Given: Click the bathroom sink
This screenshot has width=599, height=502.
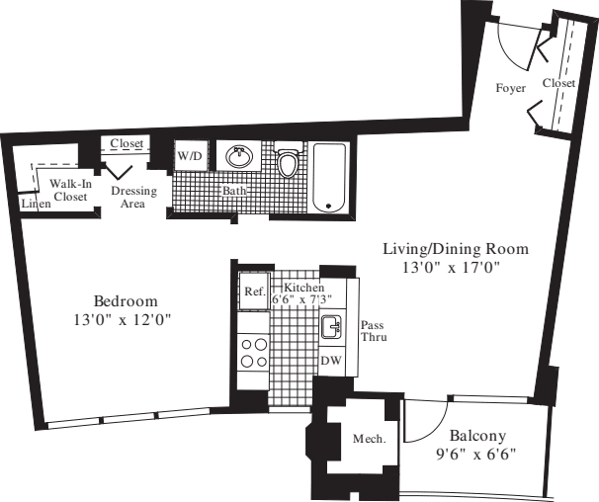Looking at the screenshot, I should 237,158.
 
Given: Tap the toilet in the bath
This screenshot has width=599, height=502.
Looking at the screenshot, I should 289,162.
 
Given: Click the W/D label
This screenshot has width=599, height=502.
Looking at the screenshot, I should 190,157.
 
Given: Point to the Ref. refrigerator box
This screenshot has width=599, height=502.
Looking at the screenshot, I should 253,293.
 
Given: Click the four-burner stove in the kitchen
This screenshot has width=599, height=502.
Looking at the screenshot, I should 254,353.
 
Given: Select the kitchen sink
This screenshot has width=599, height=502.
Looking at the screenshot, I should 331,326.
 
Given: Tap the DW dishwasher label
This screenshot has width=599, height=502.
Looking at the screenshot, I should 331,362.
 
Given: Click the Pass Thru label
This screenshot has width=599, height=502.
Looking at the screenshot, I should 373,331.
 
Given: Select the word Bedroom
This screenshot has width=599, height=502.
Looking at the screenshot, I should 126,300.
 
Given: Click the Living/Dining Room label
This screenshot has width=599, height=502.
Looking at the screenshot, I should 456,248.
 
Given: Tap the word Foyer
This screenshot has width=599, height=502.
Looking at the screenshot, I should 511,89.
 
